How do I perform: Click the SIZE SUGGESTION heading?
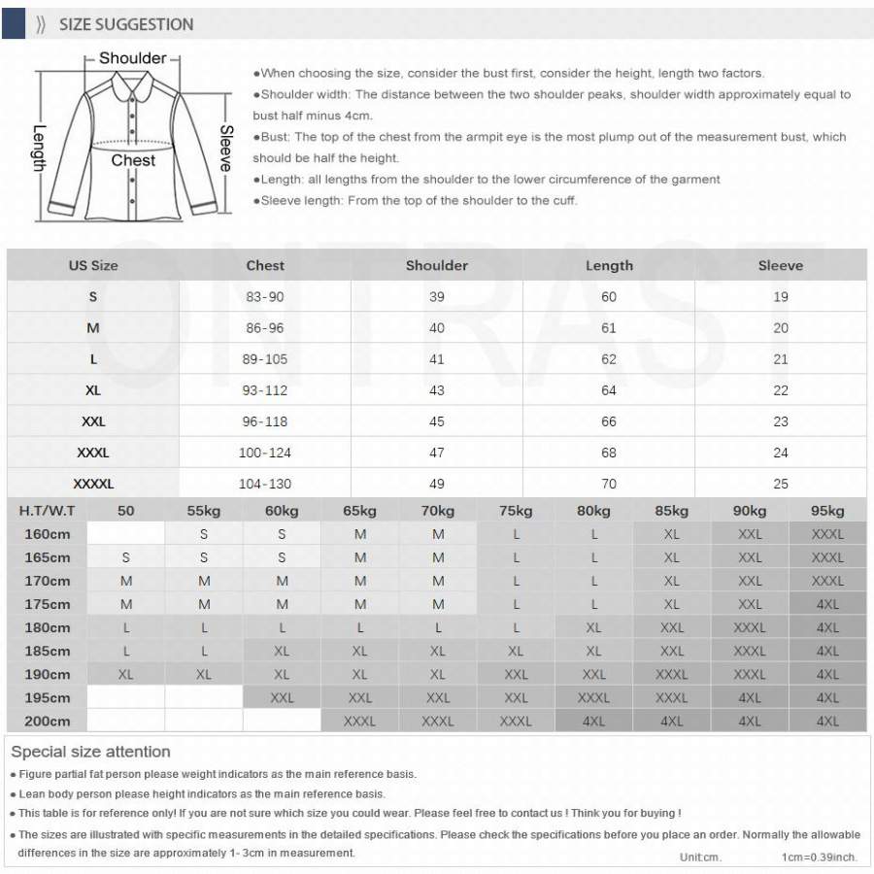[x=126, y=24]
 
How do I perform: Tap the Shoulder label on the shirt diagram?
[x=133, y=58]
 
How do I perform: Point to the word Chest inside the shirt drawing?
[x=133, y=160]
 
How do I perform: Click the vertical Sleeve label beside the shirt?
[x=226, y=149]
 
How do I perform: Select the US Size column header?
[x=93, y=265]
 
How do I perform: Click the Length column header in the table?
[x=609, y=265]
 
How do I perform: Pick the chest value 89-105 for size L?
[x=265, y=359]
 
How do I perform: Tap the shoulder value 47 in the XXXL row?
[x=437, y=453]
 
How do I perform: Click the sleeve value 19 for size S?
[x=781, y=297]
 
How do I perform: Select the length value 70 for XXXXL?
[x=609, y=484]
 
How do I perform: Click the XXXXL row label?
[x=93, y=484]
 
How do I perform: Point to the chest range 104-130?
[x=265, y=484]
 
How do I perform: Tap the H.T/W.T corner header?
[x=47, y=511]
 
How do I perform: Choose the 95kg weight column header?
[x=827, y=511]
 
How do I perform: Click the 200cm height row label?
[x=47, y=721]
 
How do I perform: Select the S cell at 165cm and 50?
[x=126, y=557]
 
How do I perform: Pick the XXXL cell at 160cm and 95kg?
[x=827, y=534]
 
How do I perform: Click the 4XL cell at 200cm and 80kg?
[x=593, y=721]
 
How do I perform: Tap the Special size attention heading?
[x=90, y=752]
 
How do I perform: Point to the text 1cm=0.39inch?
[x=819, y=857]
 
